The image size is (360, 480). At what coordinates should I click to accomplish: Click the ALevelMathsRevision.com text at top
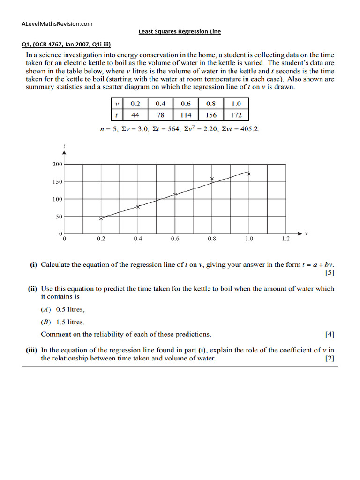coord(57,24)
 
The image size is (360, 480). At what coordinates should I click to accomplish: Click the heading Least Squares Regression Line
coord(180,32)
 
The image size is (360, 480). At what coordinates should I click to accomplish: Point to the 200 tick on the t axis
coord(57,164)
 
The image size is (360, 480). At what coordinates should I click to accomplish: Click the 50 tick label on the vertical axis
coord(58,217)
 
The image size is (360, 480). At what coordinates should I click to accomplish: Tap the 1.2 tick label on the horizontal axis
coord(286,239)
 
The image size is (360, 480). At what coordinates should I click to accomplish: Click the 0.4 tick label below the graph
coord(138,239)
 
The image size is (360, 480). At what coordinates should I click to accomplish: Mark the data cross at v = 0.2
coord(101,218)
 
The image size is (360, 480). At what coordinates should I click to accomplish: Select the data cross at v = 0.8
coord(212,179)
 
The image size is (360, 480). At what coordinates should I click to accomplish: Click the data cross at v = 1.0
coord(249,174)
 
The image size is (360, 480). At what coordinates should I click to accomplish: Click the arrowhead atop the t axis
coord(64,152)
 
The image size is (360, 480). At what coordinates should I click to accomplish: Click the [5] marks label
coord(330,272)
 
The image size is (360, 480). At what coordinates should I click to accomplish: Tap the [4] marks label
coord(330,335)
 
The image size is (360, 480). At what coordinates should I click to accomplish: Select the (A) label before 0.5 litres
coord(46,309)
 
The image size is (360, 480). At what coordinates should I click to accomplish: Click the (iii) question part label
coord(31,350)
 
